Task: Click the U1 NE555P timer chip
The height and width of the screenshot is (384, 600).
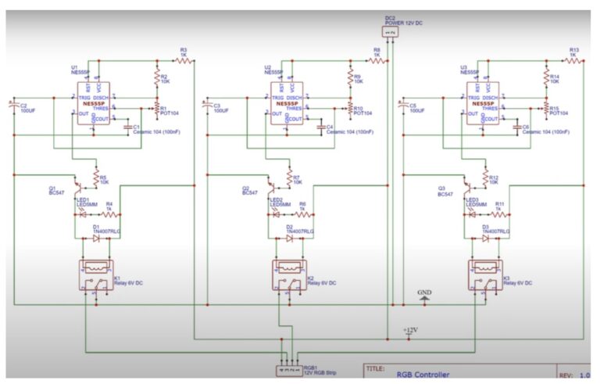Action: tap(95, 103)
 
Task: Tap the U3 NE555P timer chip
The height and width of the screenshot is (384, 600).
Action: tap(484, 103)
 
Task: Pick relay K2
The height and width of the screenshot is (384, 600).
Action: tap(289, 276)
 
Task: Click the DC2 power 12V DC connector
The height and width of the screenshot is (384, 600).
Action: tap(391, 32)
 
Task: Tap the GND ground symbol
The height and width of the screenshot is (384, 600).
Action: tap(424, 296)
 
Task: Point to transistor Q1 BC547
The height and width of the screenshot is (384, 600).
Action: tap(79, 188)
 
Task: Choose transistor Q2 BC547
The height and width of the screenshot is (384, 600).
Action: tap(272, 188)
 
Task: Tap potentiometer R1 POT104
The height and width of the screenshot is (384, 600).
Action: tap(156, 106)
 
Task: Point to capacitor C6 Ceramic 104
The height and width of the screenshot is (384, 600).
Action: tap(516, 124)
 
